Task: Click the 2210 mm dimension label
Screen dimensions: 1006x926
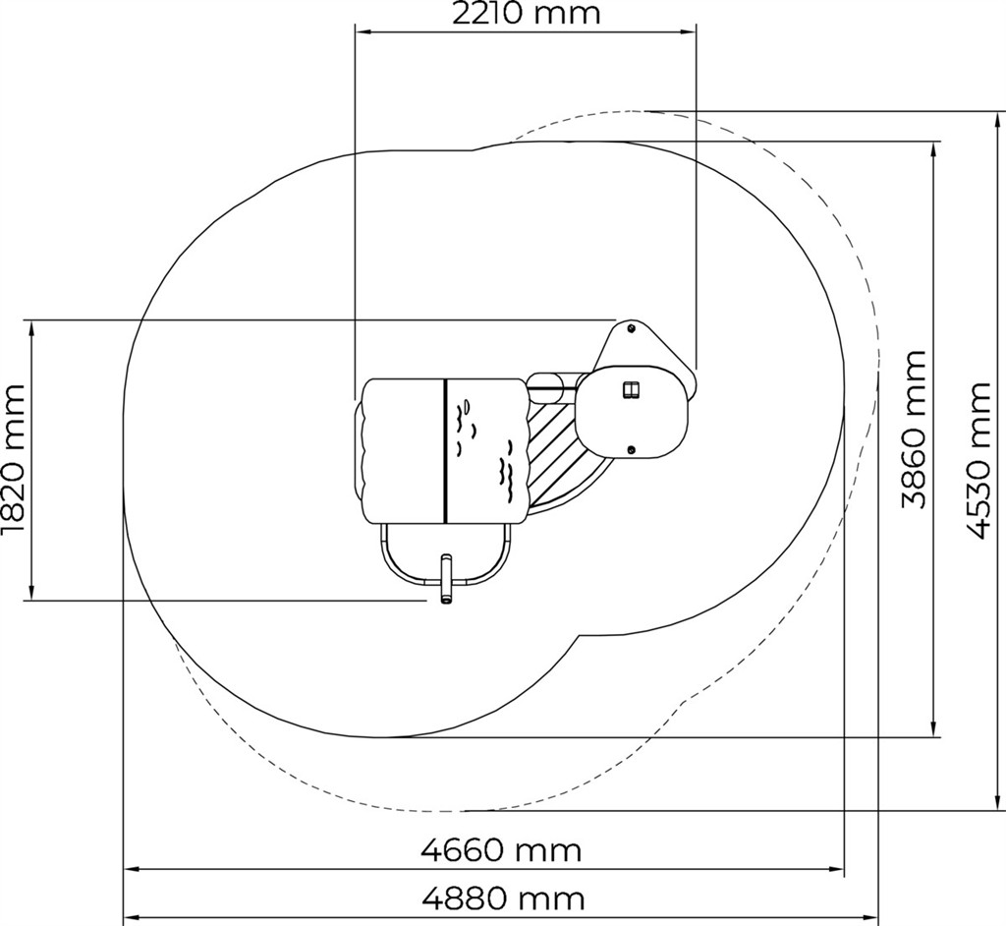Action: [527, 14]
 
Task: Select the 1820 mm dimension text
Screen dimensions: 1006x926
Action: [13, 459]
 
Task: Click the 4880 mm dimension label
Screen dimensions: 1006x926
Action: [504, 898]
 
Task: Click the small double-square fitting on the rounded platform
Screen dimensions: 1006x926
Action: [632, 389]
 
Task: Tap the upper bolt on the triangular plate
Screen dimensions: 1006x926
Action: [631, 328]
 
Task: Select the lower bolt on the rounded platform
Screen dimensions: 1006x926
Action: [631, 449]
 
